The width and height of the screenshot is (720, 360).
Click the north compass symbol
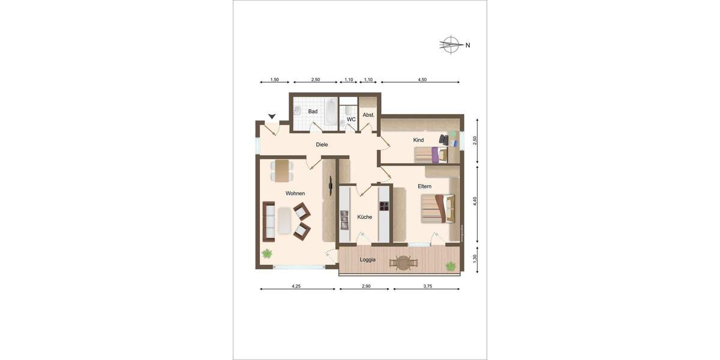tap(451, 44)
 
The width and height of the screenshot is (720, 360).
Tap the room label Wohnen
tap(295, 193)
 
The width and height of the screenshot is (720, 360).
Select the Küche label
tap(365, 217)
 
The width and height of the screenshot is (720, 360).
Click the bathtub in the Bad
tap(331, 112)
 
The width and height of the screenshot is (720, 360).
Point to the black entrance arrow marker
tap(272, 116)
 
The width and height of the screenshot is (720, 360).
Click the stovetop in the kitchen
tap(384, 206)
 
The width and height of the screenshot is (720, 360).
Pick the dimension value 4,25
tap(296, 287)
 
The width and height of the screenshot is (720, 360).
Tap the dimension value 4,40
tap(475, 202)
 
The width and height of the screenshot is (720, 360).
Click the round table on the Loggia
tap(403, 262)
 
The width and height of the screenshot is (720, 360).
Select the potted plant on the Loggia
tap(450, 265)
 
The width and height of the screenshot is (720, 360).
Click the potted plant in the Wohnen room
tap(266, 253)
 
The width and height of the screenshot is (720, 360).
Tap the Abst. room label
tap(368, 115)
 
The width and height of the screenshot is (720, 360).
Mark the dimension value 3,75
tap(427, 287)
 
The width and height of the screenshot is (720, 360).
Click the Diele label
tap(322, 144)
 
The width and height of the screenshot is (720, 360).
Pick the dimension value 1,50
tap(274, 80)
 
